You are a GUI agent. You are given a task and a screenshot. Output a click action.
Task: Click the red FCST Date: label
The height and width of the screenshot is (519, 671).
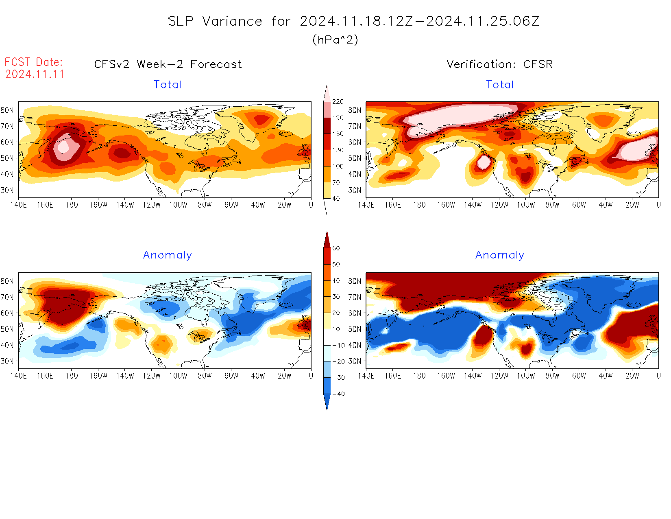pyautogui.click(x=34, y=62)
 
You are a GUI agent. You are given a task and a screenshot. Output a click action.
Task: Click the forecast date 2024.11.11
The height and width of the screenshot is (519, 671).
pyautogui.click(x=35, y=74)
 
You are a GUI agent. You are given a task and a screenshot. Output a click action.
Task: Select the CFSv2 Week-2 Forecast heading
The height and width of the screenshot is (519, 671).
pyautogui.click(x=168, y=64)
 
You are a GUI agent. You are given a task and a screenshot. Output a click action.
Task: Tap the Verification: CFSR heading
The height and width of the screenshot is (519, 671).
pyautogui.click(x=500, y=64)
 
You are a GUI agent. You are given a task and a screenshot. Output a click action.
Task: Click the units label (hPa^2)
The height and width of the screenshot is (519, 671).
pyautogui.click(x=335, y=40)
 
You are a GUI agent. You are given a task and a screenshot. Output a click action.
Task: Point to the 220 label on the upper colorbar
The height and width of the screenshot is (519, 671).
pyautogui.click(x=338, y=102)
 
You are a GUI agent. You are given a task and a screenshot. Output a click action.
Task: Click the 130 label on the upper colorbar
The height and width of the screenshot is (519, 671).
pyautogui.click(x=338, y=150)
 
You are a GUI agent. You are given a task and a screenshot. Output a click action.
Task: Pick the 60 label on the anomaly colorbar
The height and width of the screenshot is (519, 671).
pyautogui.click(x=336, y=248)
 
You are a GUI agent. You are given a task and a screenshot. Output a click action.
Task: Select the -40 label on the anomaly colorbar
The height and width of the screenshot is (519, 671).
pyautogui.click(x=338, y=394)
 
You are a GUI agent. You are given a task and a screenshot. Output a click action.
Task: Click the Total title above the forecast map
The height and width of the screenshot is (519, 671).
pyautogui.click(x=168, y=85)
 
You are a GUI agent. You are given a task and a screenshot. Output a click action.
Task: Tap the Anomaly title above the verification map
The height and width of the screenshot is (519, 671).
pyautogui.click(x=500, y=255)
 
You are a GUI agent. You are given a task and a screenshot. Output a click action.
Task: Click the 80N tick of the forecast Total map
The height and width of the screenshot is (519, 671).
pyautogui.click(x=7, y=110)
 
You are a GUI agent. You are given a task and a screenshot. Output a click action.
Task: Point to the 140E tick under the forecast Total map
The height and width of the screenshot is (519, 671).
pyautogui.click(x=18, y=205)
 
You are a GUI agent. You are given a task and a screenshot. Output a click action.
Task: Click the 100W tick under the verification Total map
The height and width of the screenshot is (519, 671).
pyautogui.click(x=525, y=205)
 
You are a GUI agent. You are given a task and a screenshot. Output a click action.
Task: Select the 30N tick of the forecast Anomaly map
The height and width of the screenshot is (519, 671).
pyautogui.click(x=7, y=361)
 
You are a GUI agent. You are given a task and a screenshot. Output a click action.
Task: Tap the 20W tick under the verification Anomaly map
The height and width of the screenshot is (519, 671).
pyautogui.click(x=632, y=376)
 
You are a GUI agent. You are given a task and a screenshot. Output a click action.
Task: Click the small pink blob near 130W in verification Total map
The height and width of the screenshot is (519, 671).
pyautogui.click(x=484, y=162)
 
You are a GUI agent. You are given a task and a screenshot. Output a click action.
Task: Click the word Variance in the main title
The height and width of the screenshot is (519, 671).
pyautogui.click(x=232, y=21)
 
